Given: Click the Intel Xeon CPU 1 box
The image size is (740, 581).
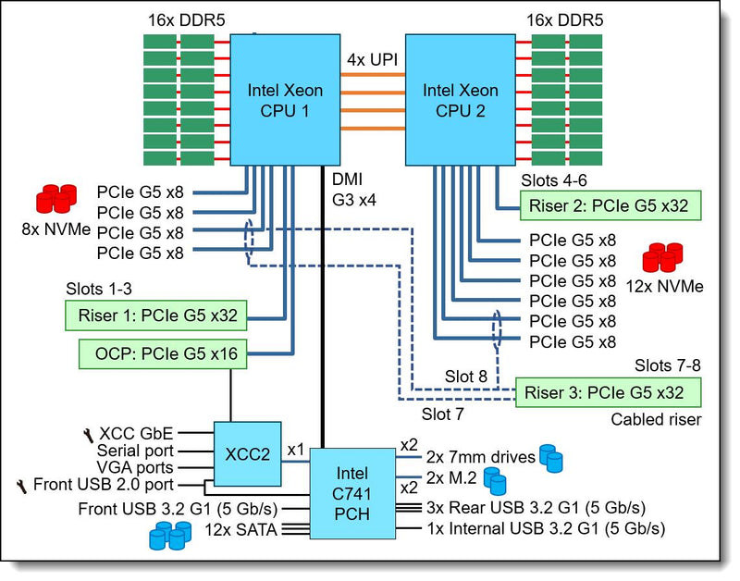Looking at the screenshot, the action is pyautogui.click(x=285, y=100).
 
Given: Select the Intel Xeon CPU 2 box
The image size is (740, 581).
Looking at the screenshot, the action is pyautogui.click(x=461, y=100).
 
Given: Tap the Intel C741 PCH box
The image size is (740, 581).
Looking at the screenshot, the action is pyautogui.click(x=352, y=493).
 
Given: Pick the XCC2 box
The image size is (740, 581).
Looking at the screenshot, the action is pyautogui.click(x=248, y=454).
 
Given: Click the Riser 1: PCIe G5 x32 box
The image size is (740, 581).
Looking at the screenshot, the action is pyautogui.click(x=155, y=315).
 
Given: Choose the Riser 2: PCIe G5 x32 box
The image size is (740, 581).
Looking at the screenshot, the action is pyautogui.click(x=610, y=205).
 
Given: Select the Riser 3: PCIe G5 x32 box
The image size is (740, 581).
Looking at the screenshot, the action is pyautogui.click(x=608, y=392).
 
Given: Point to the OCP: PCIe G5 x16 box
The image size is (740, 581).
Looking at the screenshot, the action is pyautogui.click(x=163, y=353).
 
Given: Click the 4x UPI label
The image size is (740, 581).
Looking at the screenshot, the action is pyautogui.click(x=373, y=60).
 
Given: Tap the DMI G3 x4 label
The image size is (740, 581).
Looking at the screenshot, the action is pyautogui.click(x=354, y=190).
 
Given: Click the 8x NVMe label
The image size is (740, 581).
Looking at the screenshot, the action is pyautogui.click(x=56, y=229).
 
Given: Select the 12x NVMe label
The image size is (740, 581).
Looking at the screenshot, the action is pyautogui.click(x=664, y=287).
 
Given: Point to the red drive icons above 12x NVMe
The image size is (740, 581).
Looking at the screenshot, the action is pyautogui.click(x=662, y=258).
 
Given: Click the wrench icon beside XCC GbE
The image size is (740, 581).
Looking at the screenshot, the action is pyautogui.click(x=88, y=435).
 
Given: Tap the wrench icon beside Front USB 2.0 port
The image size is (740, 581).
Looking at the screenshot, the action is pyautogui.click(x=21, y=486).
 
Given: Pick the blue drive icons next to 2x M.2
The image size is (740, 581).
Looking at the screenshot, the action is pyautogui.click(x=495, y=481).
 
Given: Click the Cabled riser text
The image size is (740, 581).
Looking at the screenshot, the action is pyautogui.click(x=656, y=419).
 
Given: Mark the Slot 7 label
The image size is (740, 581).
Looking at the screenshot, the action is pyautogui.click(x=443, y=414).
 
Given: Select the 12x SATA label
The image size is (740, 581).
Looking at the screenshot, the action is pyautogui.click(x=240, y=529).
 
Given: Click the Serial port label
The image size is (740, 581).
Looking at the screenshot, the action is pyautogui.click(x=135, y=451).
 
